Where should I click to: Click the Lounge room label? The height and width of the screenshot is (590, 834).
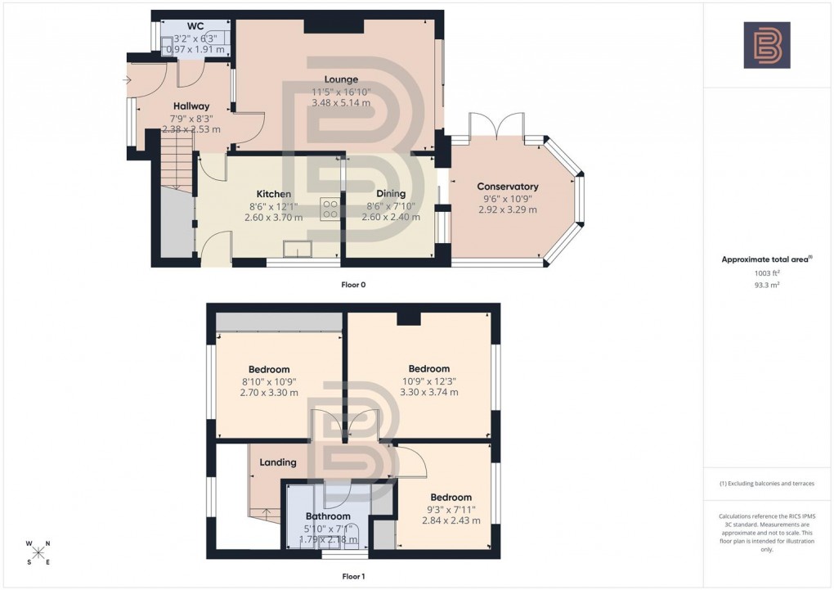(340, 79)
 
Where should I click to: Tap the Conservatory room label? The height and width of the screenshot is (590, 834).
(508, 187)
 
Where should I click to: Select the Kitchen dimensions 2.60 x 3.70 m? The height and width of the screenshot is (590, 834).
(273, 218)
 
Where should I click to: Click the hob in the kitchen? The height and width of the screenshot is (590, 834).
(330, 209)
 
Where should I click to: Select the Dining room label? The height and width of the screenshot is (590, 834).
(391, 193)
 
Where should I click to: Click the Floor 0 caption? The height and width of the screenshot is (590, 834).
(353, 285)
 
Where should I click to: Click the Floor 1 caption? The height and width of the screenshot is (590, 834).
(353, 577)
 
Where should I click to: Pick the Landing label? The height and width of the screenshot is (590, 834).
(277, 463)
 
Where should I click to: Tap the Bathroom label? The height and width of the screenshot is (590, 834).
(328, 516)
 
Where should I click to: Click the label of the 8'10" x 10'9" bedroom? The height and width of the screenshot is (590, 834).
(269, 370)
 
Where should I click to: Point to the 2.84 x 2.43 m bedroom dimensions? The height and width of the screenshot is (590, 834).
(451, 520)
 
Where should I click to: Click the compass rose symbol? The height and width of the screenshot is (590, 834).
(38, 552)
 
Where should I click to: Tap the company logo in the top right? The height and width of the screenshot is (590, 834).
(766, 45)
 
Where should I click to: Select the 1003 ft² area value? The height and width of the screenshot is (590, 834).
(766, 274)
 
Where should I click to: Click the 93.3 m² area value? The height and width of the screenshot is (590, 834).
(766, 286)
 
